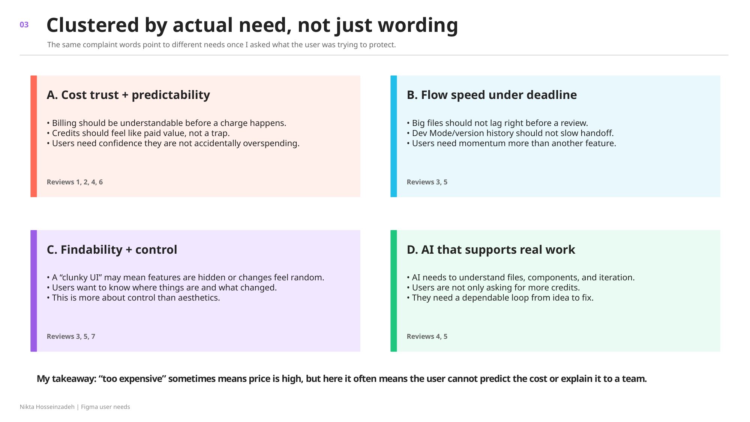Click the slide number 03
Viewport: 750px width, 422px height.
coord(24,25)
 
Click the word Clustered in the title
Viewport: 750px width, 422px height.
coord(93,25)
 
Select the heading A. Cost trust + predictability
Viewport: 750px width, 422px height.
coord(128,95)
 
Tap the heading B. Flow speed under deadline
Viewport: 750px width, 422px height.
coord(492,95)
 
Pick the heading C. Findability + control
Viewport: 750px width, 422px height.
coord(112,250)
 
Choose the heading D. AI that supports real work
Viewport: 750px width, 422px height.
coord(491,250)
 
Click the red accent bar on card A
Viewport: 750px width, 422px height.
coord(34,136)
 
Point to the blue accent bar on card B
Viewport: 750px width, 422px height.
coord(394,136)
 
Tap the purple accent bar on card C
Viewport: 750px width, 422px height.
coord(34,291)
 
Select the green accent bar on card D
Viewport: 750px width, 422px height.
coord(394,291)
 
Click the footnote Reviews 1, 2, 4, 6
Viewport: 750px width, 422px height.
coord(75,182)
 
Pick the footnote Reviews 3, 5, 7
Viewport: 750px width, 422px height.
coord(71,337)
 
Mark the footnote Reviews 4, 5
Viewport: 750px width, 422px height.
coord(427,337)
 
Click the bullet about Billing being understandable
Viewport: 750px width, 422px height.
coord(166,123)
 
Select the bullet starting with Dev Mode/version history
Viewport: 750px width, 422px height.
coord(510,133)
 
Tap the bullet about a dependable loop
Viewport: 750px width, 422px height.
coord(500,298)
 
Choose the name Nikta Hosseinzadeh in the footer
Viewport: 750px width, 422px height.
coord(47,407)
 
